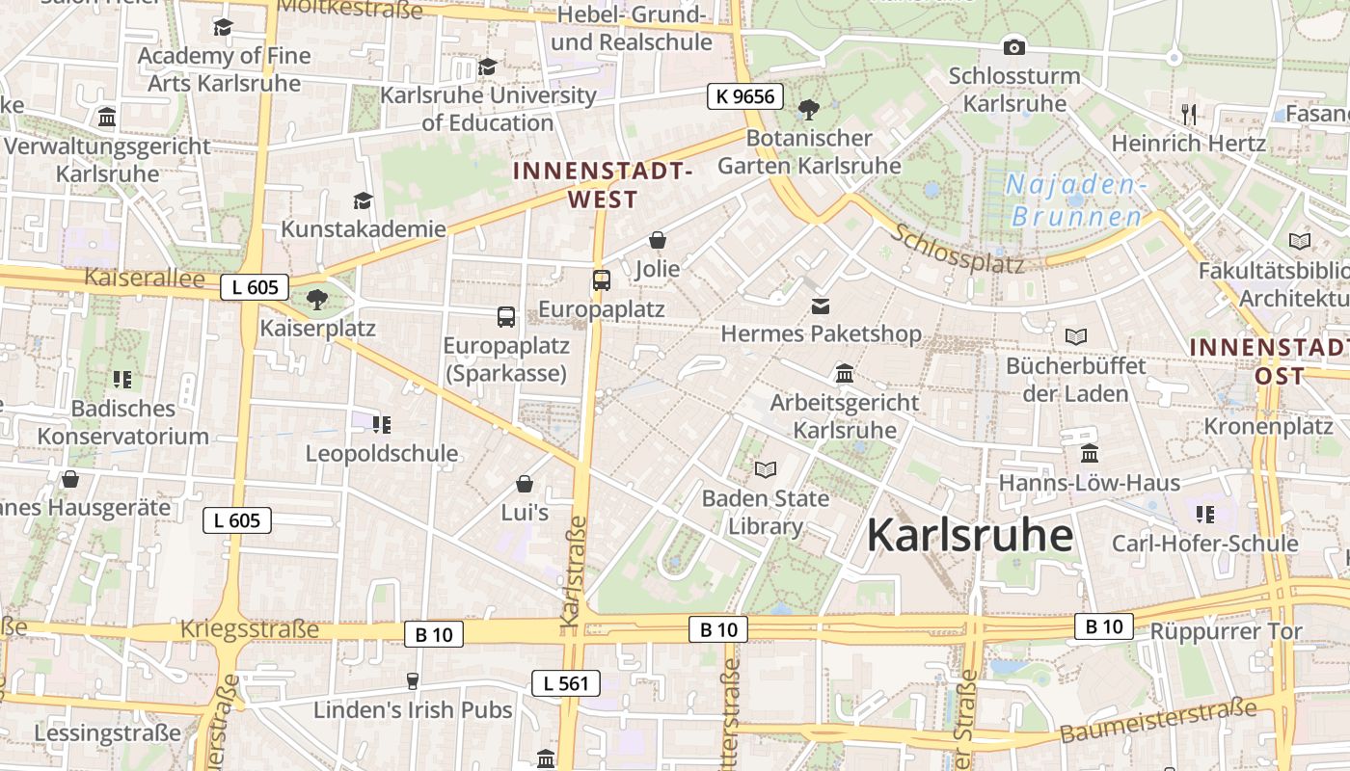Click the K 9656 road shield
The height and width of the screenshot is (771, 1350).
pyautogui.click(x=745, y=96)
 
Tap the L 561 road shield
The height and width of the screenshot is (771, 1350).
pyautogui.click(x=566, y=684)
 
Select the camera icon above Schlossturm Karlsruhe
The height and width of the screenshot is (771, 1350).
pyautogui.click(x=1013, y=47)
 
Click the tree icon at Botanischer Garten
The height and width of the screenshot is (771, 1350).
pyautogui.click(x=809, y=110)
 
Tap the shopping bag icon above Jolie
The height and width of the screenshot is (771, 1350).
pyautogui.click(x=658, y=240)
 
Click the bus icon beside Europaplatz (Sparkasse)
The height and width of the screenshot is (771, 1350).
pyautogui.click(x=505, y=316)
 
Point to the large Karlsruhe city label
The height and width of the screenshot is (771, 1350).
pyautogui.click(x=969, y=536)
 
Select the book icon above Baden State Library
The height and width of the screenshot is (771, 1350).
pyautogui.click(x=766, y=469)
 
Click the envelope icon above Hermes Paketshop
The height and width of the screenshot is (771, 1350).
pyautogui.click(x=821, y=306)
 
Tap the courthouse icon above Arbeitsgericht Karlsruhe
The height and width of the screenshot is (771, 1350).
pyautogui.click(x=845, y=373)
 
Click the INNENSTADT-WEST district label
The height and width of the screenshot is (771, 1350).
pyautogui.click(x=603, y=186)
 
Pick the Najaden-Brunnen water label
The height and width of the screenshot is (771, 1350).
pyautogui.click(x=1076, y=200)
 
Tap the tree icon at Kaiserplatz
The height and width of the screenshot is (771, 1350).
pyautogui.click(x=317, y=299)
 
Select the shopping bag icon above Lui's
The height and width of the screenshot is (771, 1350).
pyautogui.click(x=525, y=484)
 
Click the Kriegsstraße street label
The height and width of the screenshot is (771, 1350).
pyautogui.click(x=249, y=630)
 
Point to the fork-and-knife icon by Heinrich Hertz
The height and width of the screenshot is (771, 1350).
pyautogui.click(x=1189, y=115)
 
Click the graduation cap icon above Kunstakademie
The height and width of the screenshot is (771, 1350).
pyautogui.click(x=363, y=200)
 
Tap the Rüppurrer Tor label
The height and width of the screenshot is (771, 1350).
pyautogui.click(x=1226, y=632)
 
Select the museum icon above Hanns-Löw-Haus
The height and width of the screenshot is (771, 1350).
pyautogui.click(x=1090, y=453)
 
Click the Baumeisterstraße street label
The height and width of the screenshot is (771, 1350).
pyautogui.click(x=1157, y=722)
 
